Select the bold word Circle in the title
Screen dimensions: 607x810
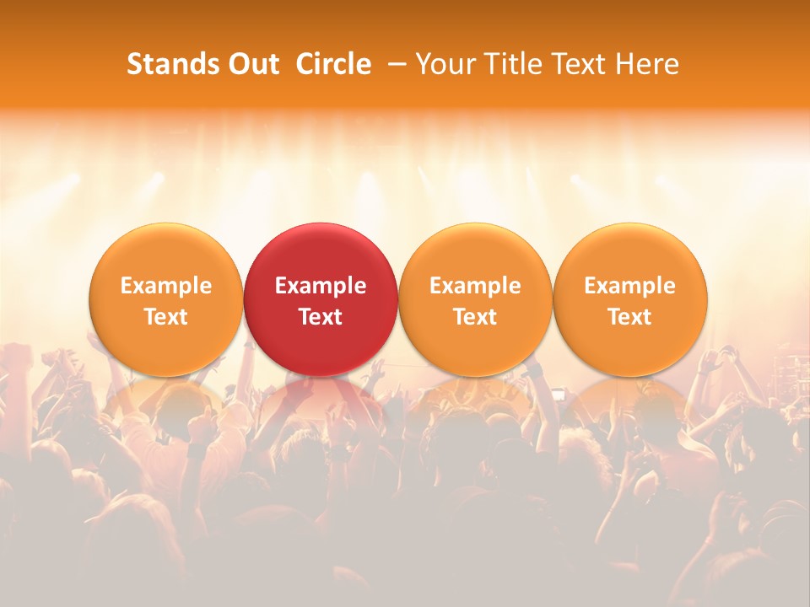pyautogui.click(x=333, y=64)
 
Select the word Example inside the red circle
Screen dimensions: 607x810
pyautogui.click(x=321, y=286)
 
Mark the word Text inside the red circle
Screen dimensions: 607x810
pyautogui.click(x=321, y=317)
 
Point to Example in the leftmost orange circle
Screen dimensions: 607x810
pyautogui.click(x=165, y=286)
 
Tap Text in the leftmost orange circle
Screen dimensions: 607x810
pyautogui.click(x=165, y=317)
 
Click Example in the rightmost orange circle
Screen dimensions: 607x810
pyautogui.click(x=630, y=286)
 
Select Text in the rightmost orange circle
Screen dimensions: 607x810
pyautogui.click(x=630, y=317)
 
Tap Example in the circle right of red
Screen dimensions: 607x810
pyautogui.click(x=475, y=286)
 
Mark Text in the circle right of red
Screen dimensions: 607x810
pyautogui.click(x=475, y=317)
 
